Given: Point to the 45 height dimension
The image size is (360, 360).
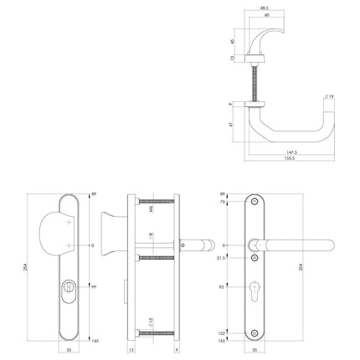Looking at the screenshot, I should [x=233, y=40].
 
